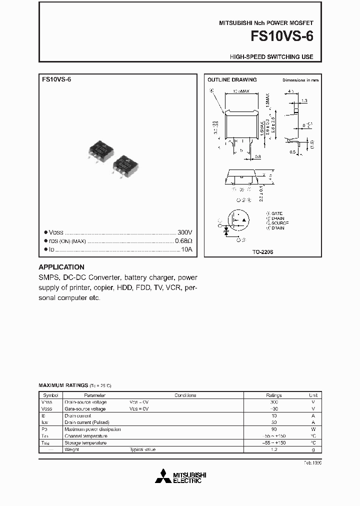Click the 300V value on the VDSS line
tap(184, 232)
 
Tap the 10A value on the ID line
tap(186, 249)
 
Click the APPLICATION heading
tap(61, 267)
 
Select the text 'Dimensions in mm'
tap(300, 80)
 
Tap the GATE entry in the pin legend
tap(276, 213)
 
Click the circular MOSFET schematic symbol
tap(238, 220)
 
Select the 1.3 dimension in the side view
tap(304, 101)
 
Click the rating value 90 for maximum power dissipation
tap(273, 429)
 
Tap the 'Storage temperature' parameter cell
tap(85, 443)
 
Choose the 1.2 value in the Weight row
tap(273, 449)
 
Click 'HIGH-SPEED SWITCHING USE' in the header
tap(271, 57)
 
